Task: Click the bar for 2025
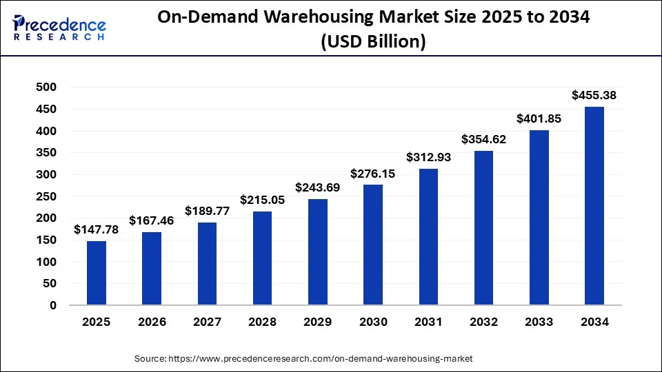pos(97,273)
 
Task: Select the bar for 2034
pos(594,205)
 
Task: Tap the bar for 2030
pos(373,245)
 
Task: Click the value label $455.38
pos(594,96)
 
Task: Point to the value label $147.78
pos(97,229)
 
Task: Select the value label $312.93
pos(428,157)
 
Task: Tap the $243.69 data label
pos(318,187)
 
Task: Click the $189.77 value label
pos(207,211)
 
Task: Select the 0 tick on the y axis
pos(52,305)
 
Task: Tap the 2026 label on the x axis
pos(152,322)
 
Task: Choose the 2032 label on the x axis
pos(484,322)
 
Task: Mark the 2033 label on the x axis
pos(539,322)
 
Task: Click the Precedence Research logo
pos(59,28)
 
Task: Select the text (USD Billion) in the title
pos(373,41)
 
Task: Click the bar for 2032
pos(484,228)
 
